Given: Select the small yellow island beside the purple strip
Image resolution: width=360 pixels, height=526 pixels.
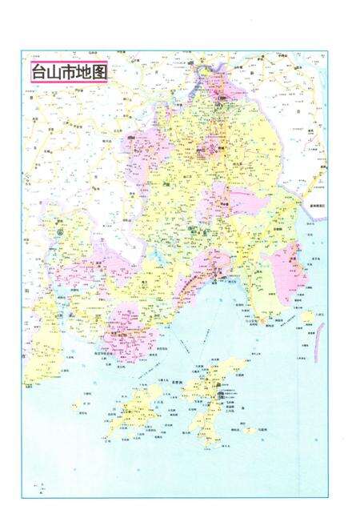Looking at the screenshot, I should [308, 317].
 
